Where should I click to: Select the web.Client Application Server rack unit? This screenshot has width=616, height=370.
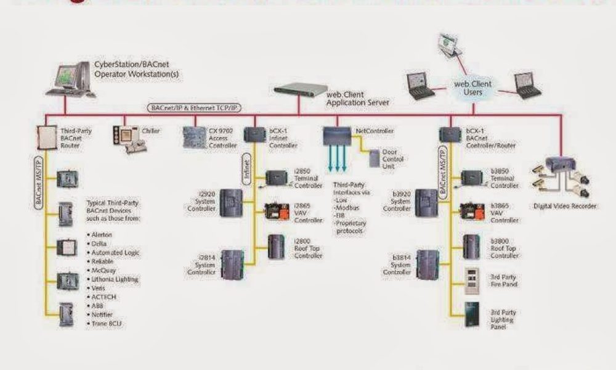301,89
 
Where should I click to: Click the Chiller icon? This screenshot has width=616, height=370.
127,136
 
